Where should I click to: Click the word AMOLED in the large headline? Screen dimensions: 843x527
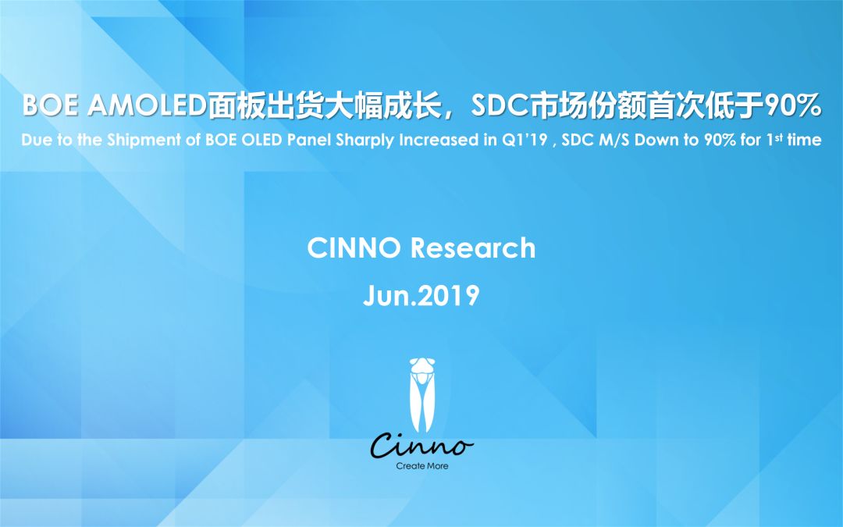coord(147,106)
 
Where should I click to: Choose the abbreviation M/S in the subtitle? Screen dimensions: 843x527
coord(614,140)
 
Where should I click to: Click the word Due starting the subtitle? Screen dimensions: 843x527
coord(37,140)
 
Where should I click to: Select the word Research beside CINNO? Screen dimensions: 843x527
coord(473,248)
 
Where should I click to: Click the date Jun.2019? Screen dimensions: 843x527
coord(421,296)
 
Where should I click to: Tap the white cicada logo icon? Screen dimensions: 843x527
coord(422,395)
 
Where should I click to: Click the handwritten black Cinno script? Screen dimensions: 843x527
coord(422,445)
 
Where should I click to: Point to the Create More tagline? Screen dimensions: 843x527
coord(422,466)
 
